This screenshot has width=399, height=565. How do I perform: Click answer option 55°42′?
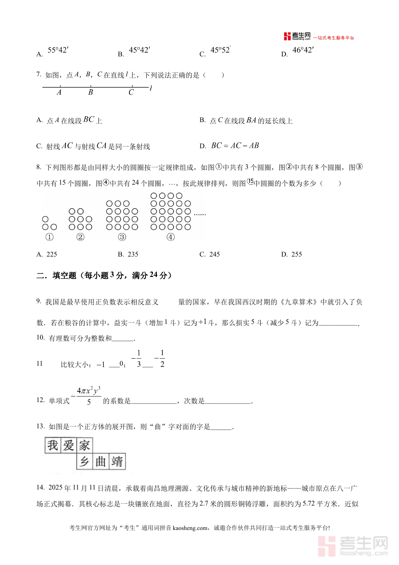point(58,51)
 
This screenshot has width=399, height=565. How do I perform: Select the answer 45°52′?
point(221,51)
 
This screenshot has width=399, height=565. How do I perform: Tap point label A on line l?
point(59,92)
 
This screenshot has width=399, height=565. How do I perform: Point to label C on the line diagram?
point(131,92)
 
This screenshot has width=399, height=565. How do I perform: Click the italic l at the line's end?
point(151,88)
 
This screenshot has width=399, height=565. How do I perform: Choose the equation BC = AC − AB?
point(235,146)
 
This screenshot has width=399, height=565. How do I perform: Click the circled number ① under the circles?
point(50,237)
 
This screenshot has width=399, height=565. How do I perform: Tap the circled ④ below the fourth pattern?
point(171,237)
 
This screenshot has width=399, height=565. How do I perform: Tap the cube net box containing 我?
point(53,446)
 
